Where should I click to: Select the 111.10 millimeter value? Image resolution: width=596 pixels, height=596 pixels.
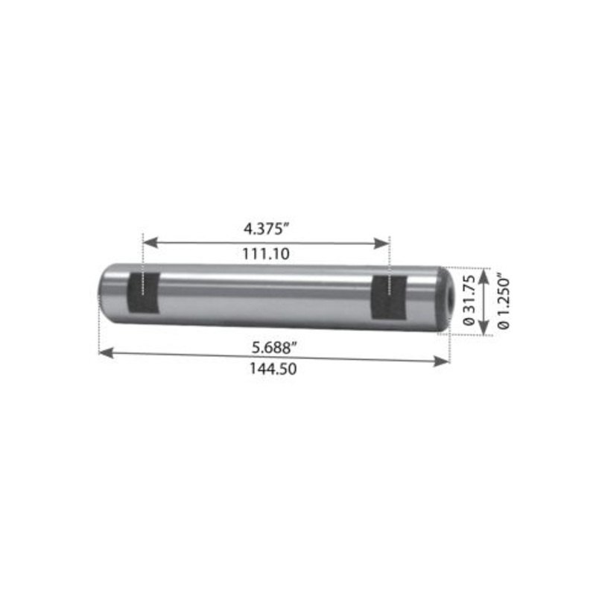point(266,254)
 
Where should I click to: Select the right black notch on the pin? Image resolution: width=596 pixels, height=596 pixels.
point(388,295)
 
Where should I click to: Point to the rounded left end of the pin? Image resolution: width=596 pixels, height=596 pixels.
point(104,291)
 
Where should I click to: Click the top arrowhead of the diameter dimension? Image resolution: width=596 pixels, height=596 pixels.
point(485,273)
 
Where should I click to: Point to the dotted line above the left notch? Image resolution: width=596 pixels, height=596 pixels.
point(142,253)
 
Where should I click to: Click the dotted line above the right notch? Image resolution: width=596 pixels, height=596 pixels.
point(389,255)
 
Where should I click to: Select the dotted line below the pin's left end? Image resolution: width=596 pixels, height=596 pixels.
point(98,335)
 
